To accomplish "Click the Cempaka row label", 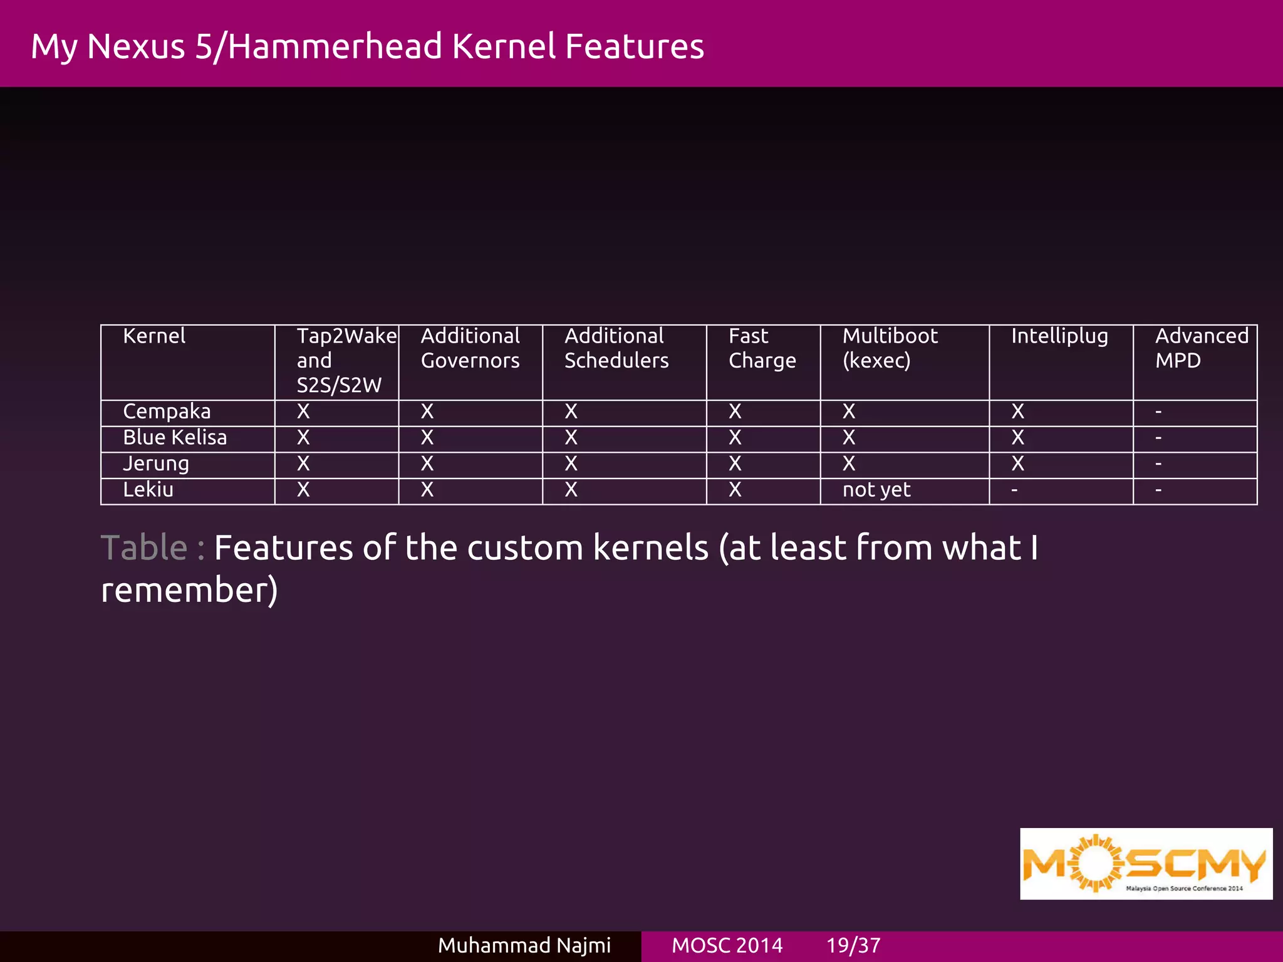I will (167, 412).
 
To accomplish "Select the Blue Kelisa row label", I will (175, 438).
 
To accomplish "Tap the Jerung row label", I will (156, 464).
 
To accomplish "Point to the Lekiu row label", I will (148, 490).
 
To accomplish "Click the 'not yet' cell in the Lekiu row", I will (876, 490).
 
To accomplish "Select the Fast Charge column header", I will (762, 348).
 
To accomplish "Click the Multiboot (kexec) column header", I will (890, 348).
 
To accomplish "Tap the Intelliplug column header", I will (1059, 337).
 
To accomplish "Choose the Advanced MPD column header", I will (1202, 348).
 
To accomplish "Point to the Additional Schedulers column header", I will (616, 348).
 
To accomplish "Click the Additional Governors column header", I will (470, 348).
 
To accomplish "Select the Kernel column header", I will (154, 336).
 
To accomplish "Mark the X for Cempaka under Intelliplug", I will (1018, 411).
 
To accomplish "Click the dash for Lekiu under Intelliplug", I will (1014, 490).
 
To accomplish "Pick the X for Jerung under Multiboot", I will (849, 464).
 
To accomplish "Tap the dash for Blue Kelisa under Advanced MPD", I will (1158, 438).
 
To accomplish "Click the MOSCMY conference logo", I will (1146, 864).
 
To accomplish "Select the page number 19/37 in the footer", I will (853, 945).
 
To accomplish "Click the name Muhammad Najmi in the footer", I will (524, 945).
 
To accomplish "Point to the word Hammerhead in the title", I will (335, 46).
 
